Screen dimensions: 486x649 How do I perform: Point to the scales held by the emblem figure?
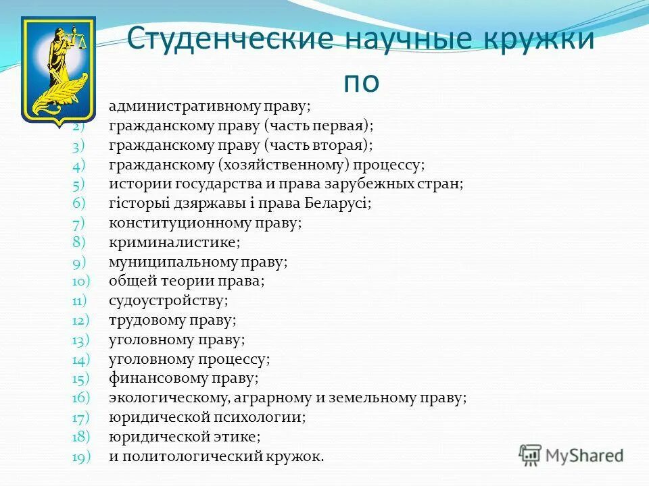83,42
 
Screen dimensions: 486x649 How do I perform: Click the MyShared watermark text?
584,455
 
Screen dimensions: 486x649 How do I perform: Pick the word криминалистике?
173,242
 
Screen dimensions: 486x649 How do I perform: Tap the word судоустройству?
167,301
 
